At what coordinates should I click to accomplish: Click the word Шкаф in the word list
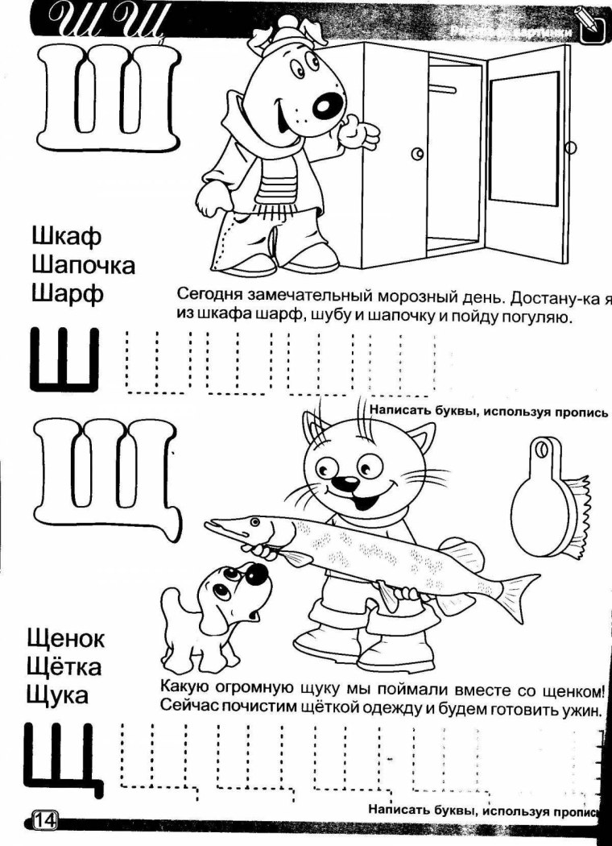(67, 238)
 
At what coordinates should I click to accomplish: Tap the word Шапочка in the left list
(83, 265)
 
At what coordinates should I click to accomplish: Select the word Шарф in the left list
(68, 293)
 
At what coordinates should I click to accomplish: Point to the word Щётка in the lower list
(64, 667)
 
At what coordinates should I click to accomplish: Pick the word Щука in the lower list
(57, 695)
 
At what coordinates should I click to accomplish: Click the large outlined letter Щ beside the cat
(105, 475)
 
